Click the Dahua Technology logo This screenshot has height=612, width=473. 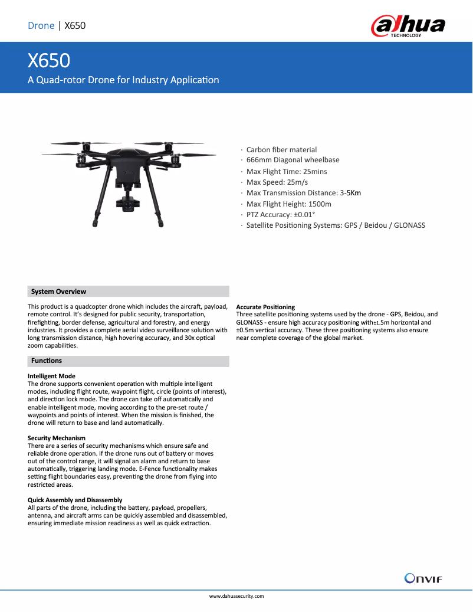click(408, 26)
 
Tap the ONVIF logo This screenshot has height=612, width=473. click(423, 578)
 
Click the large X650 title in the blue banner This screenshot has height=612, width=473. click(49, 60)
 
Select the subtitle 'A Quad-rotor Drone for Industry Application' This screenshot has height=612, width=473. click(123, 80)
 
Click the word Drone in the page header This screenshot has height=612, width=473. click(41, 25)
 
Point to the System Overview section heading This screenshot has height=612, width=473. click(58, 292)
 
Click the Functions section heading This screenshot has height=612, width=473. click(47, 361)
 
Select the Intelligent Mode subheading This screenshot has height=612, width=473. click(51, 376)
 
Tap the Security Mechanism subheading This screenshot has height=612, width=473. click(57, 438)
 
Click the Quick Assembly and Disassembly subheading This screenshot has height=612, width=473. click(75, 500)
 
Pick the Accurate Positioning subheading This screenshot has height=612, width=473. click(265, 307)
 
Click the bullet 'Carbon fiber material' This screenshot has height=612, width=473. click(281, 150)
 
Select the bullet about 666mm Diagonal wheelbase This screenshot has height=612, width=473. click(293, 160)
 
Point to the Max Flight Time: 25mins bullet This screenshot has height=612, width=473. click(286, 171)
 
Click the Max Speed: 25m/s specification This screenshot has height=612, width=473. click(277, 182)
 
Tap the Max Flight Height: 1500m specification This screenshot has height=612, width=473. click(288, 204)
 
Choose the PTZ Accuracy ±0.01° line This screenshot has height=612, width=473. click(280, 215)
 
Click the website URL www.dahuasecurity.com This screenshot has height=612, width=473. click(236, 597)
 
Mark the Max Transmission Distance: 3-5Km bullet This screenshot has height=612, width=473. click(303, 193)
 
